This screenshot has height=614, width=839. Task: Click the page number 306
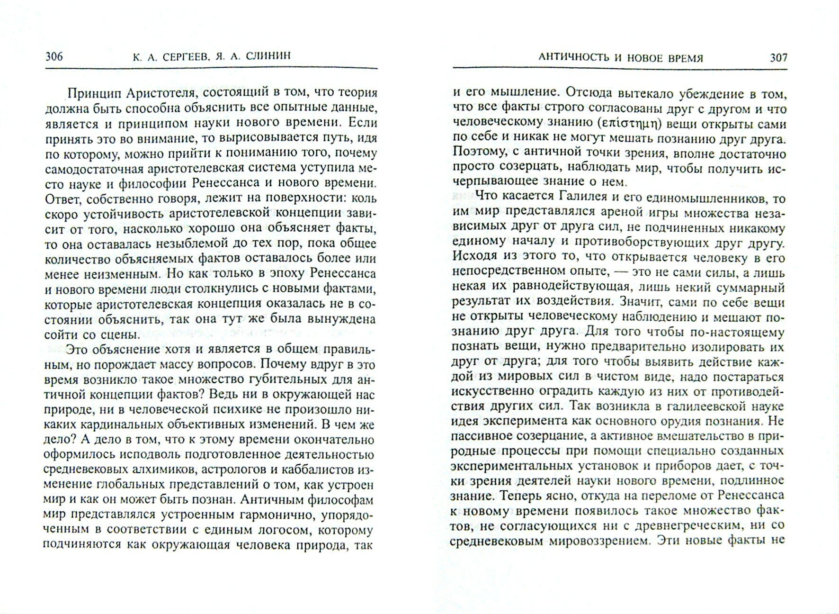(54, 57)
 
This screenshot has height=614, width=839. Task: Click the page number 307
(778, 58)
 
